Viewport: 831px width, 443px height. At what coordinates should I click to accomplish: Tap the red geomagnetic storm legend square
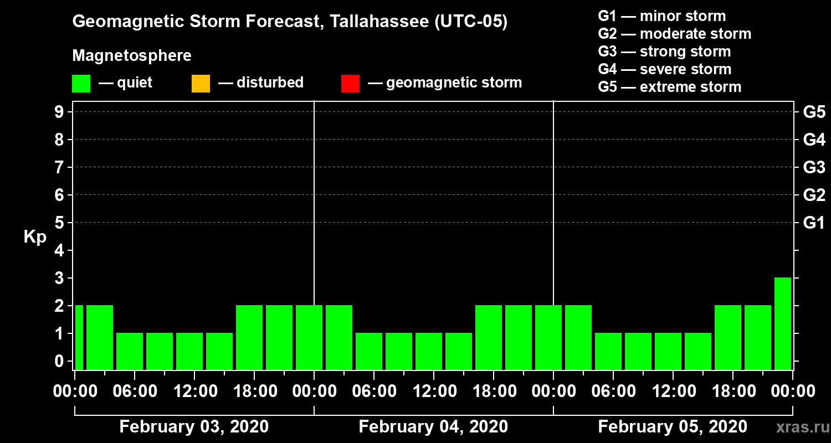pos(351,84)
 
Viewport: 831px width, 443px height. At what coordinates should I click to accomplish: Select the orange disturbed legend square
pos(201,84)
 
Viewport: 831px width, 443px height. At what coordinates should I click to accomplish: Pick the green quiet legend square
pos(81,84)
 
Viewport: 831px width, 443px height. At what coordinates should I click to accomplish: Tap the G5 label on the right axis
pos(814,112)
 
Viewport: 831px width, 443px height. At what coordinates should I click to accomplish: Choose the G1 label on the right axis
pos(814,223)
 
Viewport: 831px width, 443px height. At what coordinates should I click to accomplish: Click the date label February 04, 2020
pos(433,427)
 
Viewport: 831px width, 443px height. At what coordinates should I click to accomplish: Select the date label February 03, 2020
pos(194,427)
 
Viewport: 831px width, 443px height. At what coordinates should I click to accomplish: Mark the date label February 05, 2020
pos(673,427)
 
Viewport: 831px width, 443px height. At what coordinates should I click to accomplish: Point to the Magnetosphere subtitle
pos(132,56)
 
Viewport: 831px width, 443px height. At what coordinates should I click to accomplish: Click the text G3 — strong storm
pos(664,51)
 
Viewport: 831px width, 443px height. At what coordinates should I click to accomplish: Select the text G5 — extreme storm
pos(669,87)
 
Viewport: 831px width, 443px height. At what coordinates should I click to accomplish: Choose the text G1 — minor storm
pos(661,16)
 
